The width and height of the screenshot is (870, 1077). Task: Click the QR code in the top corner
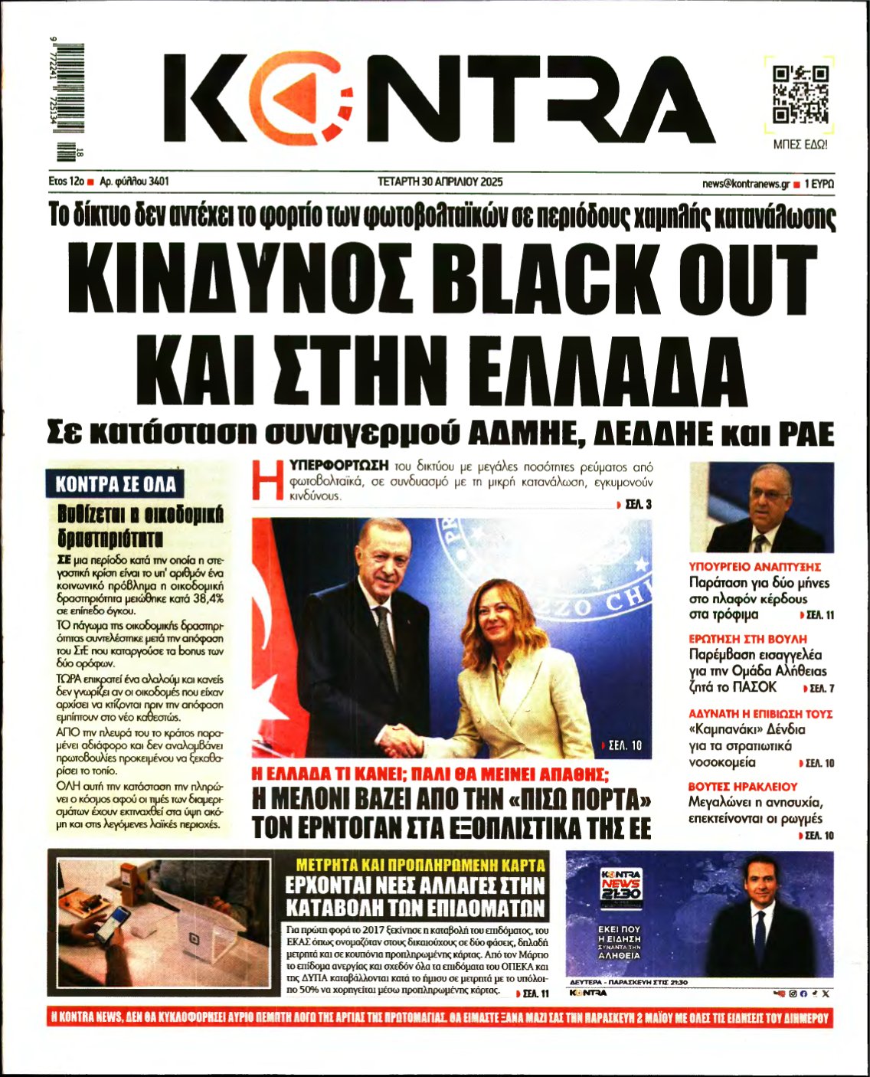pyautogui.click(x=800, y=95)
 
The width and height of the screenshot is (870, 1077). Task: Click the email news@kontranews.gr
pyautogui.click(x=745, y=184)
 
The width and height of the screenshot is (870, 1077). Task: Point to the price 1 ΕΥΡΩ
pyautogui.click(x=819, y=184)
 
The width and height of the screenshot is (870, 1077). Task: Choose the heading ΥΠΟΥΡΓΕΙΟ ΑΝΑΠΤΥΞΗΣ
pyautogui.click(x=755, y=567)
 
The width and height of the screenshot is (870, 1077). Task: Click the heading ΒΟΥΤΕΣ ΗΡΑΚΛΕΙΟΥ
pyautogui.click(x=743, y=787)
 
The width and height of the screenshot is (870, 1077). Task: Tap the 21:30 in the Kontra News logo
pyautogui.click(x=621, y=893)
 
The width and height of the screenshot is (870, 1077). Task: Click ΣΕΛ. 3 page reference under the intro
pyautogui.click(x=637, y=505)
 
